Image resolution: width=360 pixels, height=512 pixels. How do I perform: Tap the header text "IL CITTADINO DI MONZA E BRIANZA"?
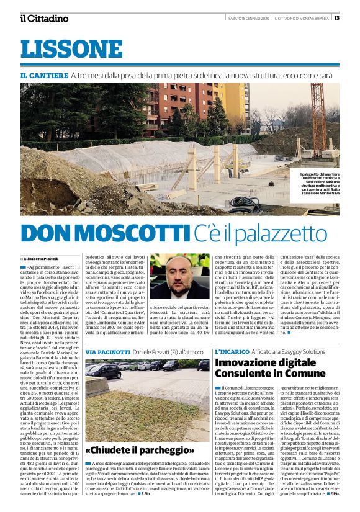pyautogui.click(x=302, y=17)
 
